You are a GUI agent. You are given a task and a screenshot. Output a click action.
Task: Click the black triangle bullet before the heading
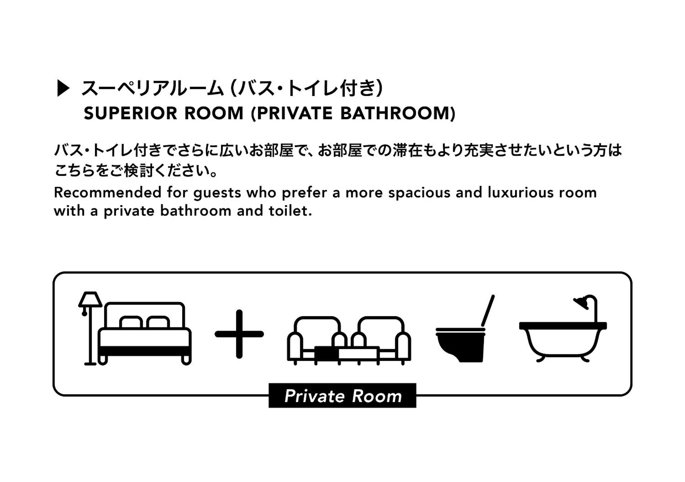(x=63, y=89)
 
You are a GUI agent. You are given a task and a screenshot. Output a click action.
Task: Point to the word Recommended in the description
(x=108, y=192)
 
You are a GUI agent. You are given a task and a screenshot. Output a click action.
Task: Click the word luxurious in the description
(x=520, y=192)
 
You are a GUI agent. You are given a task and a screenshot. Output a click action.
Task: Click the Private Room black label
(x=343, y=396)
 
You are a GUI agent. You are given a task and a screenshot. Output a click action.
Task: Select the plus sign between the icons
(x=239, y=334)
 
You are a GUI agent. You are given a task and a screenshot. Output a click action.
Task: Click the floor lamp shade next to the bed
(x=90, y=299)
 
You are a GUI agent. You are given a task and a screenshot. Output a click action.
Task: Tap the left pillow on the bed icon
(x=131, y=322)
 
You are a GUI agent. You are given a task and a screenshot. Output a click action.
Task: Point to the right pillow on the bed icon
(x=158, y=322)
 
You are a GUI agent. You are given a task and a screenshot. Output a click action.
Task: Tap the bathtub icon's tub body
(x=563, y=340)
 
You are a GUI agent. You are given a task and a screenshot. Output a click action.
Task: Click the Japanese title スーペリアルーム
(x=152, y=89)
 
